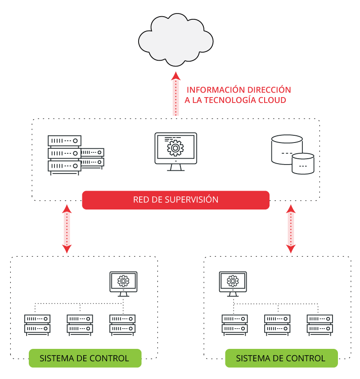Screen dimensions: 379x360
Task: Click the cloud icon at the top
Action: (175, 40)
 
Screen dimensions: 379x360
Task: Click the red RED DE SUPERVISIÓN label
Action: (175, 200)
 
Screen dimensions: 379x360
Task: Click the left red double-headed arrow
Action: (67, 228)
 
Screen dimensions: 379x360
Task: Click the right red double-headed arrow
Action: (291, 228)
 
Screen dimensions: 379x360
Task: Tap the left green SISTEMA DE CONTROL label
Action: (85, 358)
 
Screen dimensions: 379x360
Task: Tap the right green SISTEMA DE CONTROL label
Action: (281, 358)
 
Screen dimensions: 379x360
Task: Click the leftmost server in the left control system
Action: (37, 324)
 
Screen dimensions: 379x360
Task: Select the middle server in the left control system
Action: (80, 324)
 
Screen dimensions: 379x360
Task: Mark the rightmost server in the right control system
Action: (320, 324)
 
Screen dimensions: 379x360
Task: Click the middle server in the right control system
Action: (277, 324)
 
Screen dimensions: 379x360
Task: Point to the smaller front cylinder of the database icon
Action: (303, 164)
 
